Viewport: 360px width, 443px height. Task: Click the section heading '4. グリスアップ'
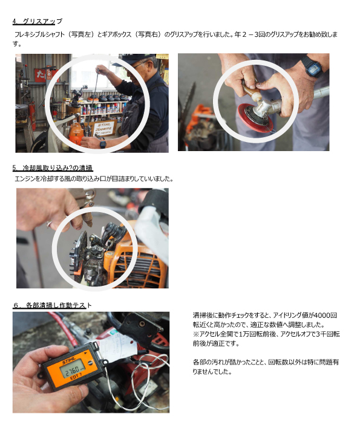[38, 21]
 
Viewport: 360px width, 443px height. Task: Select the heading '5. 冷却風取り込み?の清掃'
[53, 167]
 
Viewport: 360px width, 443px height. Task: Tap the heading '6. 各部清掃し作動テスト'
[53, 305]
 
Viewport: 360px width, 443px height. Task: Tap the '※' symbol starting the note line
[196, 334]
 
